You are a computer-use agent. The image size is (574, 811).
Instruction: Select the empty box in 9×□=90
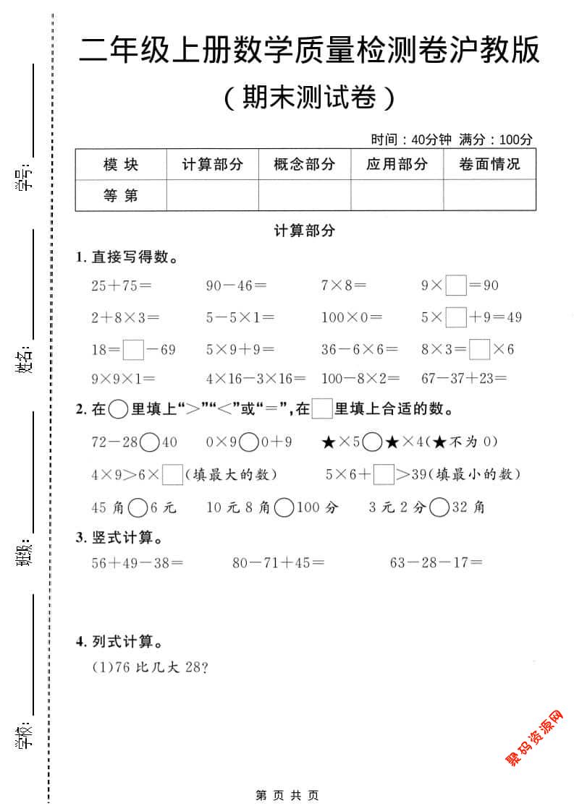click(456, 286)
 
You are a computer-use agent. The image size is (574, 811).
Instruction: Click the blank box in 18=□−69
click(133, 350)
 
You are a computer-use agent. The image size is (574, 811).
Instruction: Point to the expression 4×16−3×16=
click(256, 378)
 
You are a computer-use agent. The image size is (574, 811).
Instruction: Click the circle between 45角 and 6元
click(138, 508)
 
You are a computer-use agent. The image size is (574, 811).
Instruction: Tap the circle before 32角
click(439, 508)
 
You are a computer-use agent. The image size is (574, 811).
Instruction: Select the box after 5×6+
click(384, 475)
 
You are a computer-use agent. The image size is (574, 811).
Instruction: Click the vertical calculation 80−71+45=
click(278, 562)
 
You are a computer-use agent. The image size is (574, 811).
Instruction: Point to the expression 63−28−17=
click(436, 562)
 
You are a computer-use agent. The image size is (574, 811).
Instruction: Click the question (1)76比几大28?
click(151, 668)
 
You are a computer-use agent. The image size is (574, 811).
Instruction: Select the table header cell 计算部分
click(212, 165)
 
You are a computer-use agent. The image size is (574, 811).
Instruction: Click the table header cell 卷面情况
click(489, 165)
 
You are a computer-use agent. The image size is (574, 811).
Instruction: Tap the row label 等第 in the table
click(121, 195)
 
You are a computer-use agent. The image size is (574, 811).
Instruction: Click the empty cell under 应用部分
click(397, 195)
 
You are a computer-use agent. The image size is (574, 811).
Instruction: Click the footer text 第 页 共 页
click(287, 795)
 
